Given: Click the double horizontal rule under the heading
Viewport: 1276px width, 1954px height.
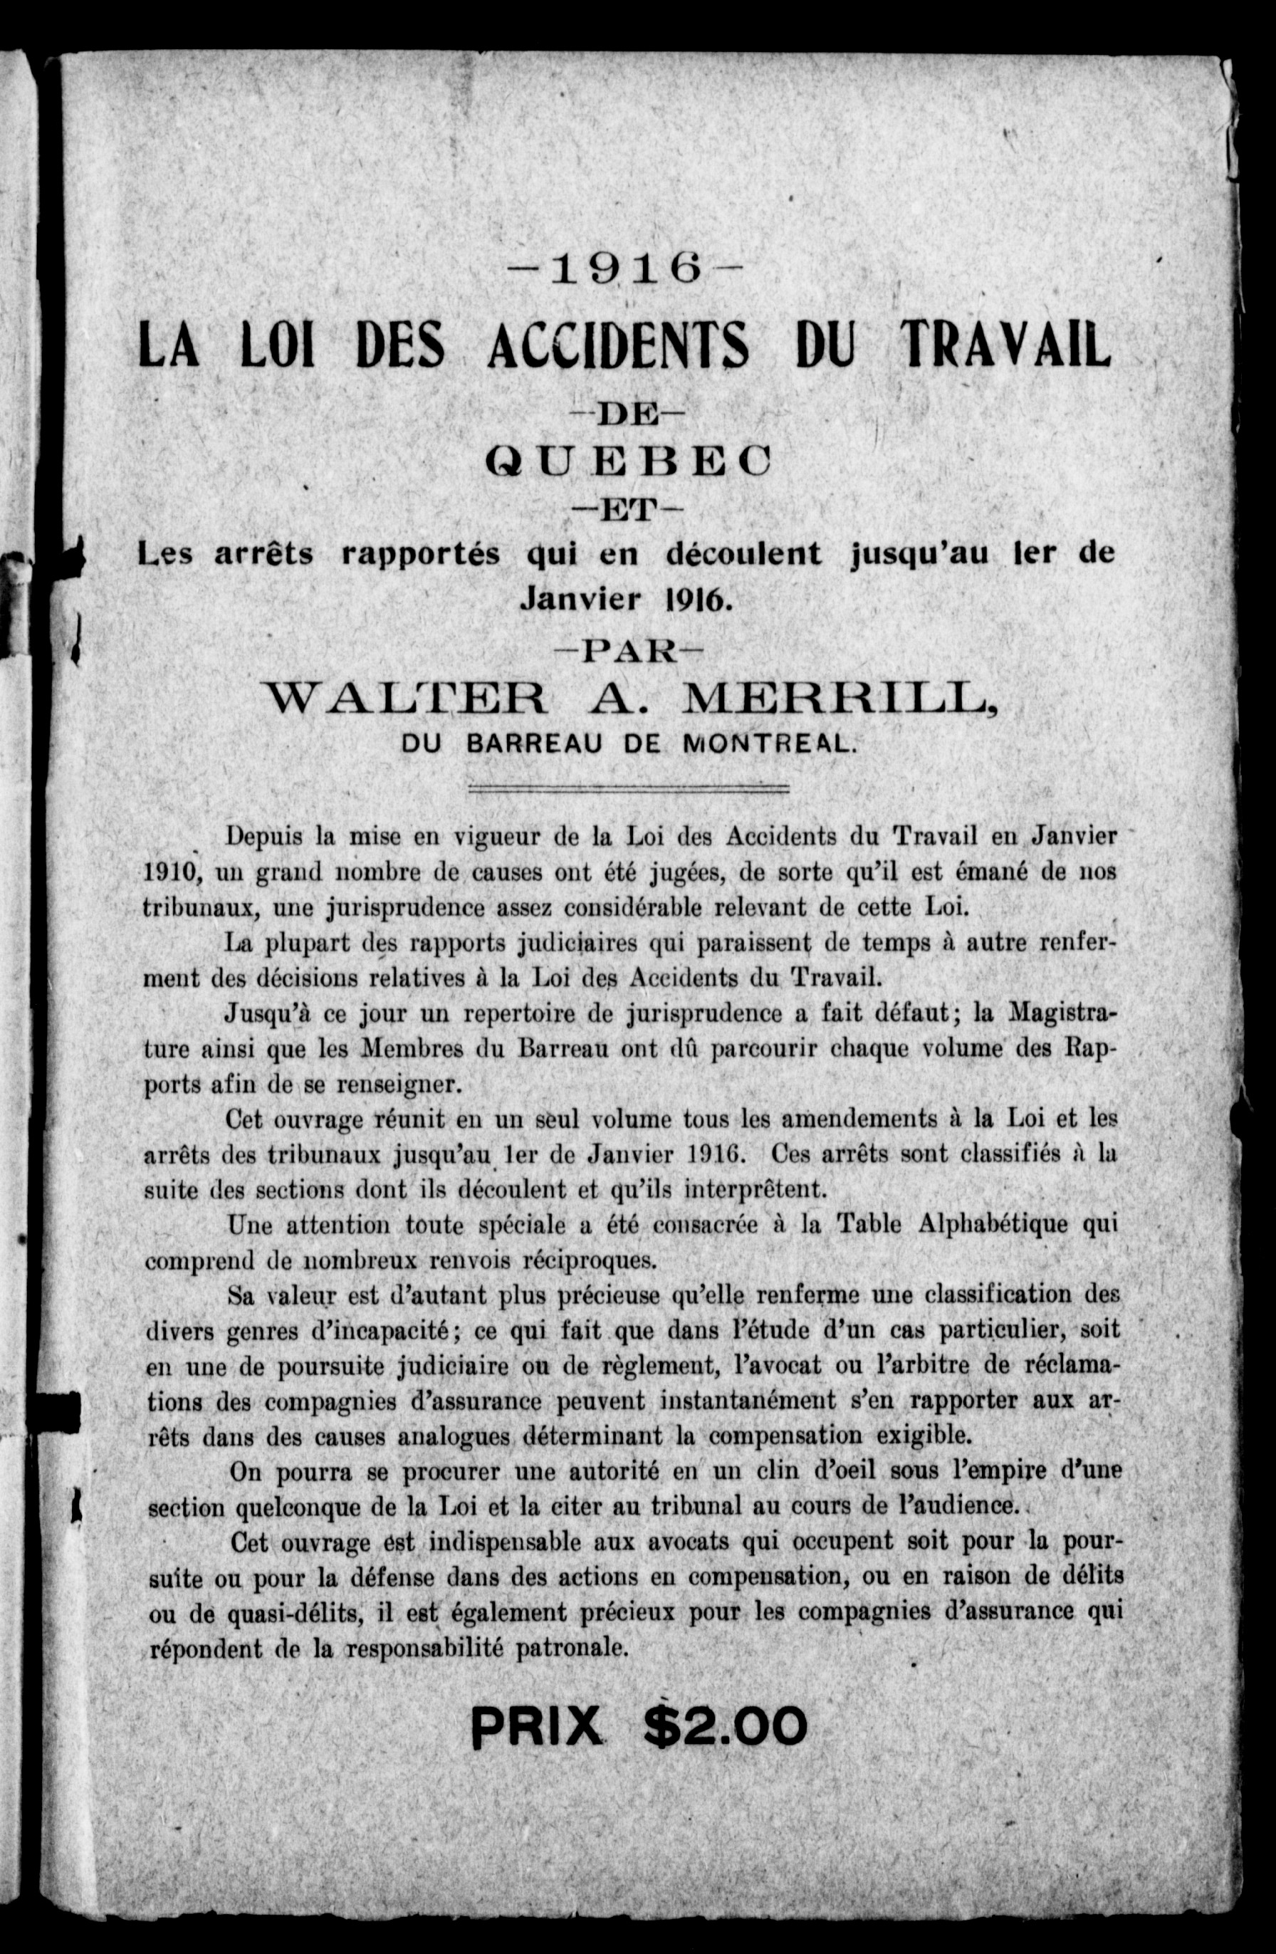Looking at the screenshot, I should tap(628, 790).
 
